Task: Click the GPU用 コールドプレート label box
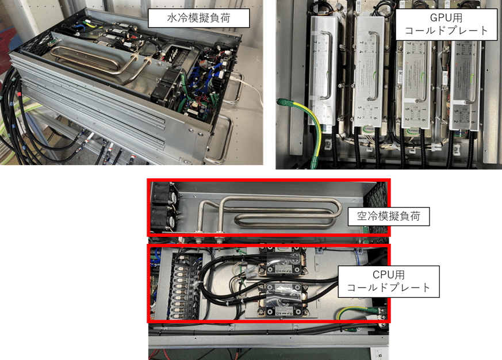coord(446,24)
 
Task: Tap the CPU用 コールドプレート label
coord(389,281)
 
